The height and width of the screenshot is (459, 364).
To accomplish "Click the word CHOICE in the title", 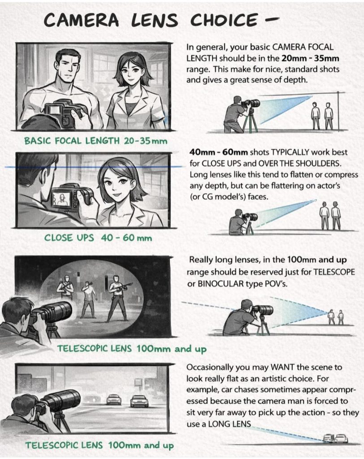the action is (224, 21).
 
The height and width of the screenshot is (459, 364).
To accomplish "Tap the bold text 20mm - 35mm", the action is (310, 58).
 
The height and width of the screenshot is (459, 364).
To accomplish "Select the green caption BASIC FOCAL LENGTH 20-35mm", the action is (96, 141).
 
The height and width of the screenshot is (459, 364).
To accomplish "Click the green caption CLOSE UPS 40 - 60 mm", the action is (98, 238).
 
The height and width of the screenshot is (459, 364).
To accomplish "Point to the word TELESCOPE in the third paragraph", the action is (334, 272).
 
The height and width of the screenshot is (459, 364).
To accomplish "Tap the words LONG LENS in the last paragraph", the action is (230, 424).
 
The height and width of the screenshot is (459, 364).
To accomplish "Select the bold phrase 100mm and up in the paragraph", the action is (317, 260).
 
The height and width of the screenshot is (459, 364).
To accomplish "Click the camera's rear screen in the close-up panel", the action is (62, 199).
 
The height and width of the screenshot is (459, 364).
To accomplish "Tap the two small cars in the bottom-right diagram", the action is (336, 438).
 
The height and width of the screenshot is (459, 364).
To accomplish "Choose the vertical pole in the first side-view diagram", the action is (338, 111).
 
